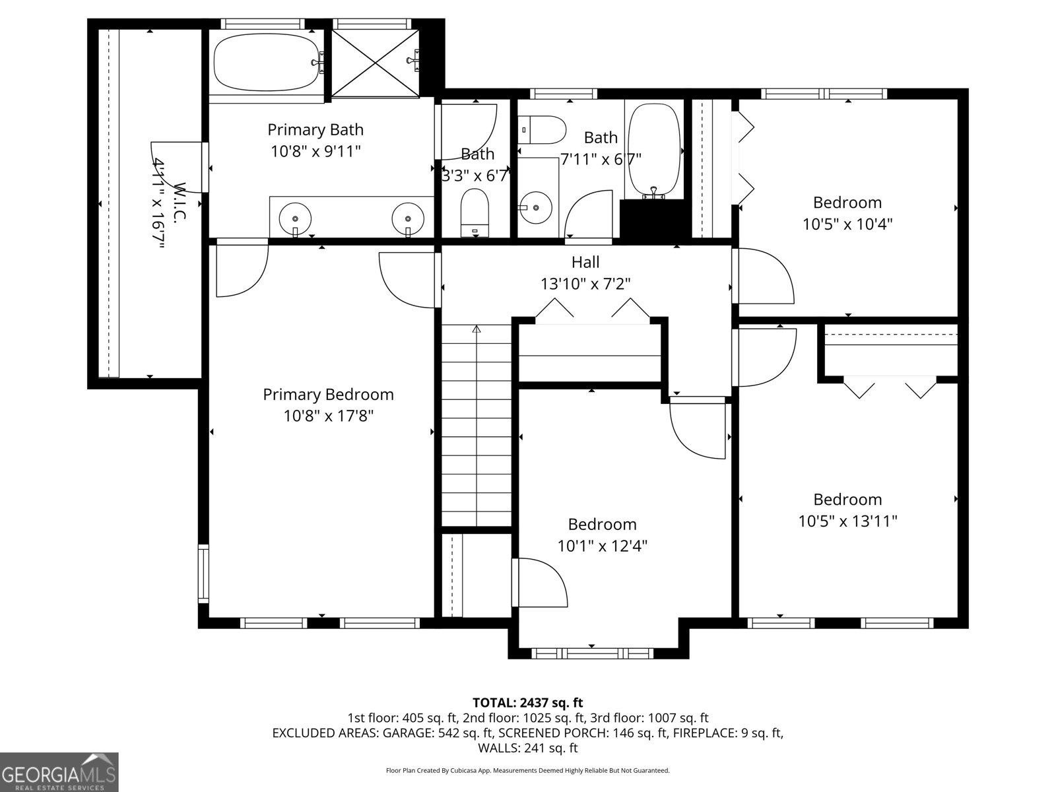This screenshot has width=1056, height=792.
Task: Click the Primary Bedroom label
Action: pos(328,395)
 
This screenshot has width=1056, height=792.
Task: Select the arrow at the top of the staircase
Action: pos(477,329)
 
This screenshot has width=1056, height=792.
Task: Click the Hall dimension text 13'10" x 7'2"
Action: pos(585,284)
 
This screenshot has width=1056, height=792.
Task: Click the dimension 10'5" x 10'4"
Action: pos(847,224)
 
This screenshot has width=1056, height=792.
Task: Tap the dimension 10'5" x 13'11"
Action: pos(847,521)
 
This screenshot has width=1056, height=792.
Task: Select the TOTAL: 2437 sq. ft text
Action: pos(527,702)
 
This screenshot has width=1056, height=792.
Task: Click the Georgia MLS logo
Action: pos(59,772)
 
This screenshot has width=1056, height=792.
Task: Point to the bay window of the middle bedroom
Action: pos(591,653)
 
